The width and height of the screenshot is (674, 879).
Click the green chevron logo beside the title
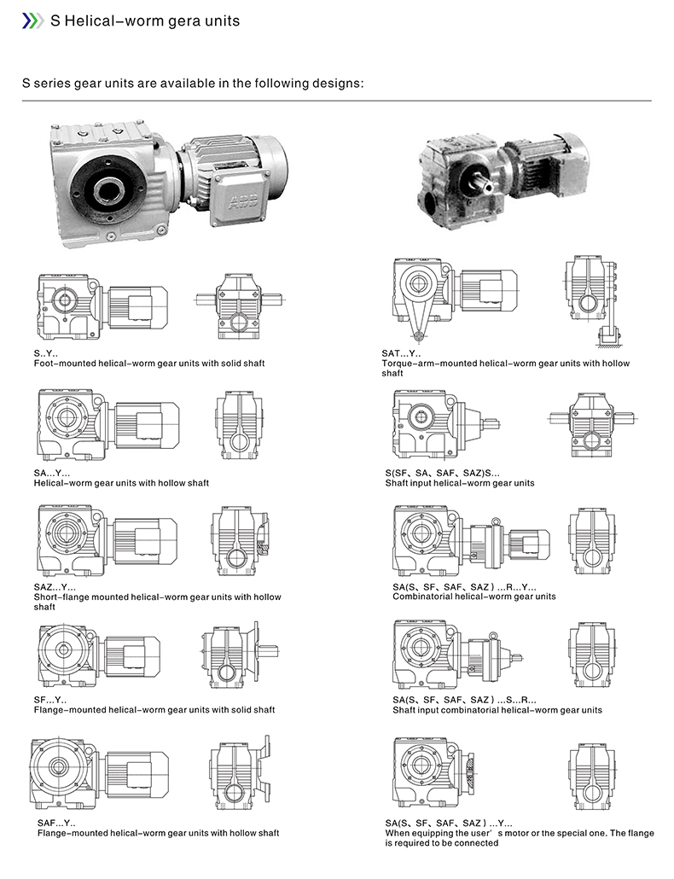31,20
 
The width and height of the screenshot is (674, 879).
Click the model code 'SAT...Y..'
401,353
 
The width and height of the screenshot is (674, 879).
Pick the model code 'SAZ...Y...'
55,587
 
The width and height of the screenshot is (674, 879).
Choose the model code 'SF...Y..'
50,700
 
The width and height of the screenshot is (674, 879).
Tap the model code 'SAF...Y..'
55,823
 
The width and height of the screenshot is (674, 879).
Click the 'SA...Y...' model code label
53,473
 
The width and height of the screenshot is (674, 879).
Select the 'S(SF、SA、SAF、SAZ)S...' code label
442,473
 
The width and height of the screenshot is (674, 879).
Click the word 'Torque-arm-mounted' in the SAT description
430,364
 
